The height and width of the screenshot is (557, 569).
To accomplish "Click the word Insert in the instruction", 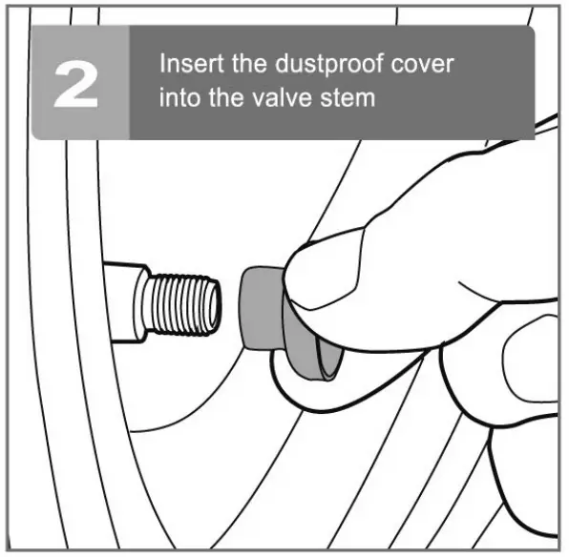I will coord(187,66).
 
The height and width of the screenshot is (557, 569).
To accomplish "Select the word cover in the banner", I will coord(421,66).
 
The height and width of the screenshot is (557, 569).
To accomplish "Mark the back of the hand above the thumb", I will coord(449,191).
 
